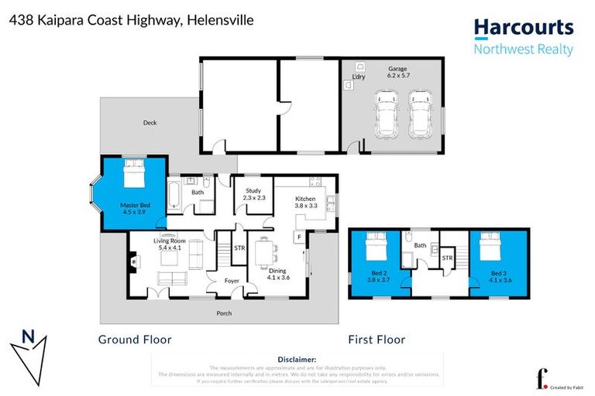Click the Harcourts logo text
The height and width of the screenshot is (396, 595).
coord(524,29)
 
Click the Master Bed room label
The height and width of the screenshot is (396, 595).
coord(135,208)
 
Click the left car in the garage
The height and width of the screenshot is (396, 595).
coord(385,114)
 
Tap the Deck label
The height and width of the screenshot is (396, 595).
coord(150,123)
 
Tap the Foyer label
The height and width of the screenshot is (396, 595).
coord(232,281)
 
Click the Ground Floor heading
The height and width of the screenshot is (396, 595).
coord(135,340)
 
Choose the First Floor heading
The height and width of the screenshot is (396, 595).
coord(377,340)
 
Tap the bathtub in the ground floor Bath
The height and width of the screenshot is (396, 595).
coord(174,194)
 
